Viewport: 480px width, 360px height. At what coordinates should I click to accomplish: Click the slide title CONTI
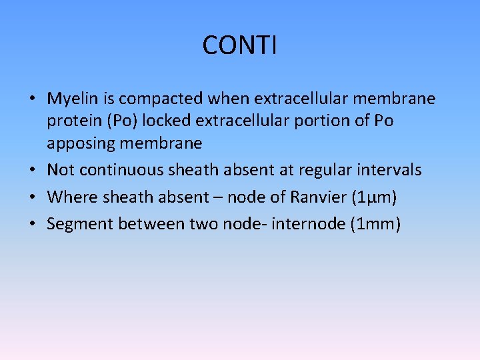239,45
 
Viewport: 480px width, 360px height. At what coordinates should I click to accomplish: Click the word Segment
79,224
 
